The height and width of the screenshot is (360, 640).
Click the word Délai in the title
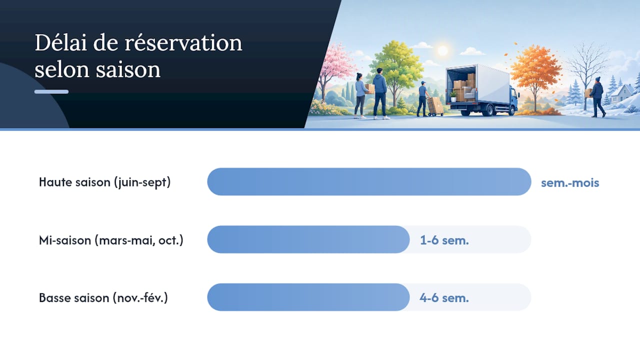tap(61, 43)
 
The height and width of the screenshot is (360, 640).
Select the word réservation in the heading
tap(183, 43)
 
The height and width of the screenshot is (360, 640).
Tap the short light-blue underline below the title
tap(51, 91)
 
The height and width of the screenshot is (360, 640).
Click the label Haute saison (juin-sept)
tap(104, 182)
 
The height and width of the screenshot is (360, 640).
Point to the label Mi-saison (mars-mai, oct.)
tap(111, 240)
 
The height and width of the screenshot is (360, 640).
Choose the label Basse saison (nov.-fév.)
tap(103, 298)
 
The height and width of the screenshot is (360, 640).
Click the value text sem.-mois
tap(570, 183)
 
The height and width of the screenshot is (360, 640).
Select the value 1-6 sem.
tap(444, 240)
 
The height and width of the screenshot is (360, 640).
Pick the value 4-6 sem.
tap(444, 298)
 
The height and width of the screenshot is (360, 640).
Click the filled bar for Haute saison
tap(369, 181)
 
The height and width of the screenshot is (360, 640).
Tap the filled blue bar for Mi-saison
tap(308, 239)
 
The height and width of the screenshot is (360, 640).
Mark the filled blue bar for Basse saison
tap(308, 297)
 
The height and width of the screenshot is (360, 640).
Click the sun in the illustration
tap(442, 50)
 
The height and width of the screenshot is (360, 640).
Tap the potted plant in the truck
tap(453, 96)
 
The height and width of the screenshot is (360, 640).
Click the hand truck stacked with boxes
tap(435, 106)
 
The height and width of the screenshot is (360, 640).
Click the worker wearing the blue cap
tap(423, 98)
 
